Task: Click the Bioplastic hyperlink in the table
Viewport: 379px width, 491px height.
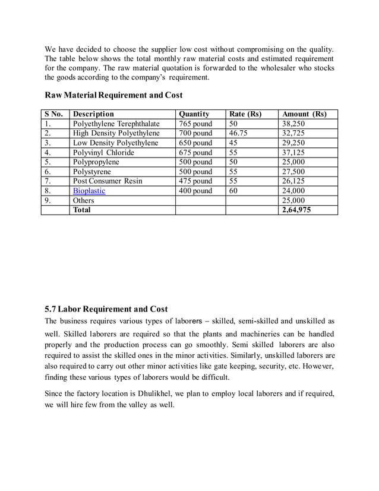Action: tap(89, 191)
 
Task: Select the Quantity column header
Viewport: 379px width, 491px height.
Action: tap(194, 114)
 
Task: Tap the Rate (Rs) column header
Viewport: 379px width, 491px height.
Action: tap(245, 114)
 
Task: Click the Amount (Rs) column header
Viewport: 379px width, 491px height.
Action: tap(304, 114)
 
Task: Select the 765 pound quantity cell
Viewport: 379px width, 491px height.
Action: tap(195, 124)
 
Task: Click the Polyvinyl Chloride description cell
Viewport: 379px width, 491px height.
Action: tap(103, 153)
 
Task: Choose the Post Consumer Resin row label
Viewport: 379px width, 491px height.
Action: tap(108, 181)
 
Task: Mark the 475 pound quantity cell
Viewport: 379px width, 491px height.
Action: tap(195, 181)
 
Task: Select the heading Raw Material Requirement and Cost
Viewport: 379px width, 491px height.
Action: tap(113, 95)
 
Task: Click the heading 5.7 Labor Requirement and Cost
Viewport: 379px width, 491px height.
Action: tap(106, 309)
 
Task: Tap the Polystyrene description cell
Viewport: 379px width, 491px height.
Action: tap(92, 172)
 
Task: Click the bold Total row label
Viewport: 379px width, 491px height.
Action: tap(82, 210)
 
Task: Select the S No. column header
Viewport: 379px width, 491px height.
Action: tap(54, 114)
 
